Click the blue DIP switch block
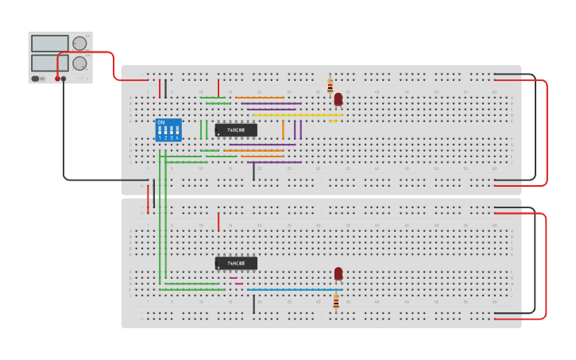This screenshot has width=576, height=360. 168,130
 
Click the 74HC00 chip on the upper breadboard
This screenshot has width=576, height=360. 236,130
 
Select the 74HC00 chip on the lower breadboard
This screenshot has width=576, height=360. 236,263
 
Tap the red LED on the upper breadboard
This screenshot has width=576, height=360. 338,99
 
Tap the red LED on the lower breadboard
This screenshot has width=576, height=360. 338,273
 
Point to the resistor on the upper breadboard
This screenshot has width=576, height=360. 331,86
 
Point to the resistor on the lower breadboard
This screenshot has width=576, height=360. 336,302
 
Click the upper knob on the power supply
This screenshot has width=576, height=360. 79,43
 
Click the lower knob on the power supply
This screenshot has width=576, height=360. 79,63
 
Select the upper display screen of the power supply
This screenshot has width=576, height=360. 49,44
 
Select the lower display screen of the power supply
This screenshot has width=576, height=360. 49,63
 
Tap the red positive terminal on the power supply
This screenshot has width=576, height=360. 57,79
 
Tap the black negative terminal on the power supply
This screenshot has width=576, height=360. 64,79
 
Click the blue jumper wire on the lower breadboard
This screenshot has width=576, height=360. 294,289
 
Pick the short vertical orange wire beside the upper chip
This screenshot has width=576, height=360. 283,130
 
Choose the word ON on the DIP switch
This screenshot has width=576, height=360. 161,122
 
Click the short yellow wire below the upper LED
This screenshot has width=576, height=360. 333,121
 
